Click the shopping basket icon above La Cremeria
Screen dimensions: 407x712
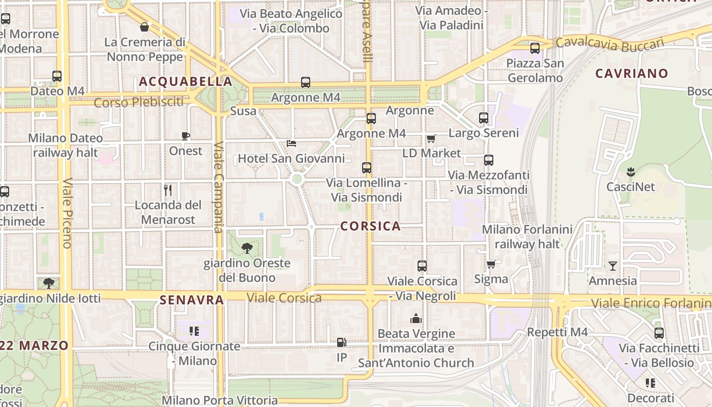pyautogui.click(x=144, y=27)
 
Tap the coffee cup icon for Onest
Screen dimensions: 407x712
pyautogui.click(x=186, y=136)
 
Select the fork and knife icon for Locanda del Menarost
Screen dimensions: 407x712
pyautogui.click(x=168, y=190)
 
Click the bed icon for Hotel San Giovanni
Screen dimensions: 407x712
pyautogui.click(x=291, y=143)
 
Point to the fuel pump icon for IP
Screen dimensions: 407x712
pyautogui.click(x=342, y=343)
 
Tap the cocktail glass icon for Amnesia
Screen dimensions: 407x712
pyautogui.click(x=612, y=266)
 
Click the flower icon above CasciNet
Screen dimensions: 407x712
pyautogui.click(x=631, y=171)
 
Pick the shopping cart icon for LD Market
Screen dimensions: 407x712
pyautogui.click(x=431, y=138)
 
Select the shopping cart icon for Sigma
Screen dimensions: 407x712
pyautogui.click(x=491, y=264)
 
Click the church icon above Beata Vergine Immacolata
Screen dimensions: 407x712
pyautogui.click(x=416, y=319)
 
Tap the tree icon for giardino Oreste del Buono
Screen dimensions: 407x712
pyautogui.click(x=247, y=248)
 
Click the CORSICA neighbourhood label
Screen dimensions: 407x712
pyautogui.click(x=370, y=226)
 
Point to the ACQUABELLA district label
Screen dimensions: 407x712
pyautogui.click(x=185, y=81)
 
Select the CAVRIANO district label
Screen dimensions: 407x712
pyautogui.click(x=632, y=73)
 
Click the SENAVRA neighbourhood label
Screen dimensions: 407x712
pyautogui.click(x=192, y=300)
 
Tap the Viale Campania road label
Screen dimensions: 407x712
pyautogui.click(x=219, y=187)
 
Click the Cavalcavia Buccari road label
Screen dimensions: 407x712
pyautogui.click(x=610, y=44)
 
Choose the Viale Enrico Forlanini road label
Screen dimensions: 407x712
pyautogui.click(x=651, y=304)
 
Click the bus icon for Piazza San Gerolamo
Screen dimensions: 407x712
pyautogui.click(x=535, y=48)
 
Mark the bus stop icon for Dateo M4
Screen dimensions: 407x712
pyautogui.click(x=57, y=76)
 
